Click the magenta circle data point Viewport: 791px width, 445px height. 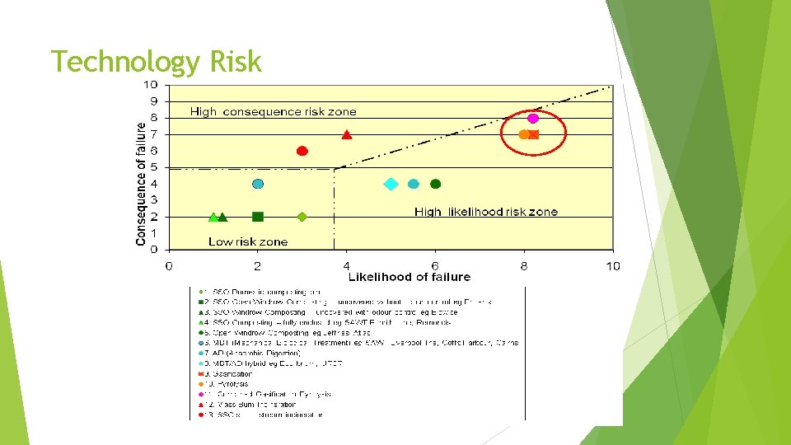[x=533, y=119]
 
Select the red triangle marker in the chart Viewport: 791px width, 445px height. [x=347, y=134]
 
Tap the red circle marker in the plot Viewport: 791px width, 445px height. [x=302, y=151]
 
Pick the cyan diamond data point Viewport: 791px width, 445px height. [x=391, y=184]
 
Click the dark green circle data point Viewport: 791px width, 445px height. [x=436, y=184]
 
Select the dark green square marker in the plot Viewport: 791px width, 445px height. [x=258, y=217]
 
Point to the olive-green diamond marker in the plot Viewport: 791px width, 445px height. [x=302, y=217]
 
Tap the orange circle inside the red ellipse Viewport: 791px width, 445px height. [x=524, y=134]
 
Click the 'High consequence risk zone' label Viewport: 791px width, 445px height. [x=274, y=111]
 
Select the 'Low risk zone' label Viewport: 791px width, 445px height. [x=248, y=241]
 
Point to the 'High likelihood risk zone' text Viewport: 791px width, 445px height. [x=485, y=212]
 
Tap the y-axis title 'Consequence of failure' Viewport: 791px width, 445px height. [x=141, y=184]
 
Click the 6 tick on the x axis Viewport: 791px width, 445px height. [x=435, y=265]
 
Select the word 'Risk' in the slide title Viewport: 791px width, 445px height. [x=236, y=62]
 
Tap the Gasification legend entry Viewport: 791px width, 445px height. [x=232, y=373]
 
